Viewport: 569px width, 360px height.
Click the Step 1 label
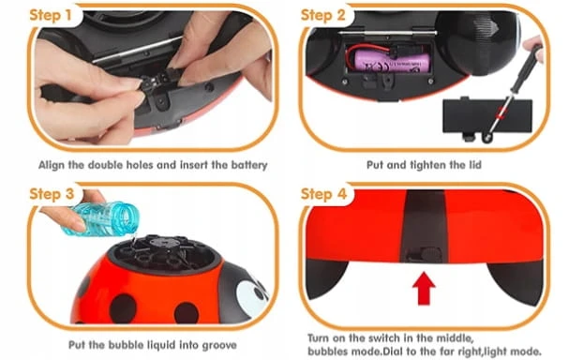[51, 15]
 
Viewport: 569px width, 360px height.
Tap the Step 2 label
[322, 15]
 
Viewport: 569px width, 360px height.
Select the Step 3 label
[52, 194]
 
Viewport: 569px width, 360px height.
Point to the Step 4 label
[323, 194]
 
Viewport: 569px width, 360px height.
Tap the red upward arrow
[424, 289]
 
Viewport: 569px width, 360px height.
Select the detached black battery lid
[487, 117]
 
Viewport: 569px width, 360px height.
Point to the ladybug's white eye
[251, 294]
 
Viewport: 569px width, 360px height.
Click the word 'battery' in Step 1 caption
[249, 165]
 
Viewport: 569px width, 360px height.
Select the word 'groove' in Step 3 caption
[219, 345]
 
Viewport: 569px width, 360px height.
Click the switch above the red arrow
[425, 254]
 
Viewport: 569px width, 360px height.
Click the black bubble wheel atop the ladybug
[164, 253]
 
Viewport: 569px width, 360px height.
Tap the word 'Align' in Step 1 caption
[52, 165]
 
